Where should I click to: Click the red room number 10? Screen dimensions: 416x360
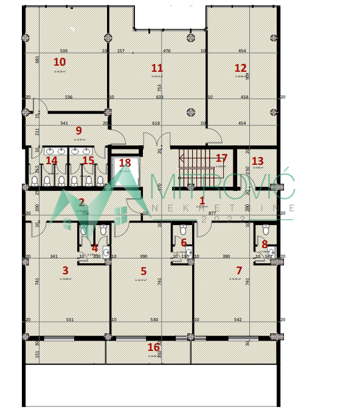point(59,62)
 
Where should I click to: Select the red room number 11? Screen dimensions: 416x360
point(157,68)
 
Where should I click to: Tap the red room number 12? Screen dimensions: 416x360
point(241,68)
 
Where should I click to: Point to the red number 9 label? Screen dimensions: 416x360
point(78,131)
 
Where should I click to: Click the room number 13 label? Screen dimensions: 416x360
point(257,161)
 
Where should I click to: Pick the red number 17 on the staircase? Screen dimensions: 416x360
point(221,158)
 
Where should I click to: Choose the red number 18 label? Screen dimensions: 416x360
point(125,163)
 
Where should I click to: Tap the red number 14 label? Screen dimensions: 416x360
point(52,161)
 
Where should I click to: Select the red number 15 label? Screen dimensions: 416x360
point(88,161)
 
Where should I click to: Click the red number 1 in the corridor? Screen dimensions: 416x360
point(202,200)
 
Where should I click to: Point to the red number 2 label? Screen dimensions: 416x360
point(81,203)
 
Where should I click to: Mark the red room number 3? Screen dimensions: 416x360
point(65,271)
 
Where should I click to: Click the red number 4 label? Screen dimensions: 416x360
point(94,248)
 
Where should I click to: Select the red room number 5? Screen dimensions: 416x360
point(144,272)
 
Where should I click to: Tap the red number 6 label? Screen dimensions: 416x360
point(184,243)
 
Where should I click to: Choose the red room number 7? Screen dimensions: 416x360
point(239,271)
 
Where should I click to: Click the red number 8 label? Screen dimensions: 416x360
point(265,244)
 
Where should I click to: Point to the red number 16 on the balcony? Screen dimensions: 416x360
point(154,347)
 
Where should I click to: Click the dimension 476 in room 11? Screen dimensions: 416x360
point(167,51)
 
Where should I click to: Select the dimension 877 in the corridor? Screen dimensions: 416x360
point(212,213)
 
